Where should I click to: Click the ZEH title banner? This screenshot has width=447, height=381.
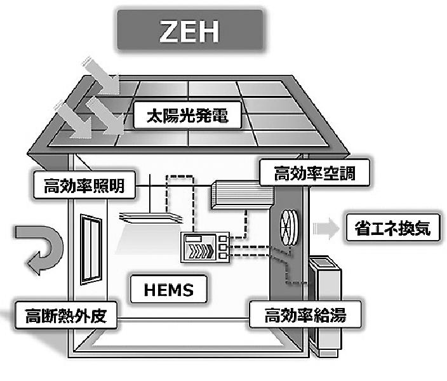tap(190, 30)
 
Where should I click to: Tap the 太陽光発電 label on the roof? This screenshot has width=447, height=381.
tap(187, 115)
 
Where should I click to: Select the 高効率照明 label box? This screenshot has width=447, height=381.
tap(84, 185)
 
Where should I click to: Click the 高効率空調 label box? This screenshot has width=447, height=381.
tap(315, 173)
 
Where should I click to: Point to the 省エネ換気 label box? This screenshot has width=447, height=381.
tap(393, 228)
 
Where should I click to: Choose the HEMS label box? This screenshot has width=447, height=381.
tap(169, 289)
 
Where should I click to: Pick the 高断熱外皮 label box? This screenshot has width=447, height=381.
tap(66, 315)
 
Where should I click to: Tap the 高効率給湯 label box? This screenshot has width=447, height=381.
tap(305, 314)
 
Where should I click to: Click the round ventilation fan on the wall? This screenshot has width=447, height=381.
tap(289, 227)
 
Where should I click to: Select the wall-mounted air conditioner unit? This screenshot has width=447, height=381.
tap(243, 195)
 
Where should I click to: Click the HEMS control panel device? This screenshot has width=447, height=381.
tap(205, 247)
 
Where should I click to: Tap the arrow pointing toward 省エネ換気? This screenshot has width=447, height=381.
tap(326, 228)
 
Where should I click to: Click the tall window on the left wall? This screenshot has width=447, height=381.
tap(91, 250)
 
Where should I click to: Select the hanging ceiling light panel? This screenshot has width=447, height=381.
tap(151, 218)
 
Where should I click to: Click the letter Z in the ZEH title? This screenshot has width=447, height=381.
tap(170, 31)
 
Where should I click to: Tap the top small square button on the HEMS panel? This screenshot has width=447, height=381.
tap(223, 238)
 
